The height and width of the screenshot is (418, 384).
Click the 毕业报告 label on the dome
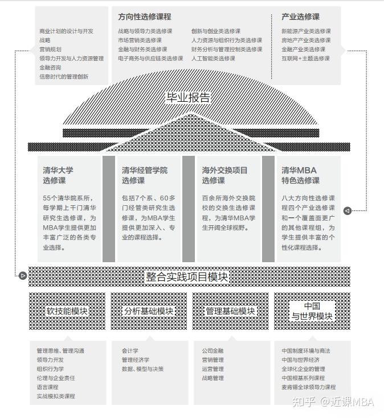click(x=187, y=97)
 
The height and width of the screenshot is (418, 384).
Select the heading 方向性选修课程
click(x=145, y=17)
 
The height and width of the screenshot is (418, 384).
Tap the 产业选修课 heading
click(x=300, y=17)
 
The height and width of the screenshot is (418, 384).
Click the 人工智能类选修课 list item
click(x=213, y=59)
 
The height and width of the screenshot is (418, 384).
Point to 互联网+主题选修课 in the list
click(x=305, y=59)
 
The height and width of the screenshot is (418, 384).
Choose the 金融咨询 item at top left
click(x=50, y=67)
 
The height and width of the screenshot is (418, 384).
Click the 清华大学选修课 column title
click(x=58, y=175)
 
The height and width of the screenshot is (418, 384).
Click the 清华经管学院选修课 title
click(x=145, y=175)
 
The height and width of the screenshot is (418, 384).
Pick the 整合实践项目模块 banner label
click(x=187, y=277)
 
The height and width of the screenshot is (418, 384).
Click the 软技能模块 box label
click(x=67, y=311)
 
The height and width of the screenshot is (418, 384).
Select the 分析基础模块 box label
click(x=149, y=311)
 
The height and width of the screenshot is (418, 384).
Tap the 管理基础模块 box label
click(x=230, y=311)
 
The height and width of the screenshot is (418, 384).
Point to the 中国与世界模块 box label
click(x=312, y=311)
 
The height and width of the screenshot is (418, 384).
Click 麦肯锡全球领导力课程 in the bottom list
click(x=308, y=387)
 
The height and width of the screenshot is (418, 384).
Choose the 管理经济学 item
click(x=136, y=360)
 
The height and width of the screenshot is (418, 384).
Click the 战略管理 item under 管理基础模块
click(x=213, y=378)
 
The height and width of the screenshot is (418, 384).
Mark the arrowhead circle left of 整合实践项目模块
click(x=22, y=276)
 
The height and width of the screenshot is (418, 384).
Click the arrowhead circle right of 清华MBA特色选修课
click(x=348, y=210)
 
